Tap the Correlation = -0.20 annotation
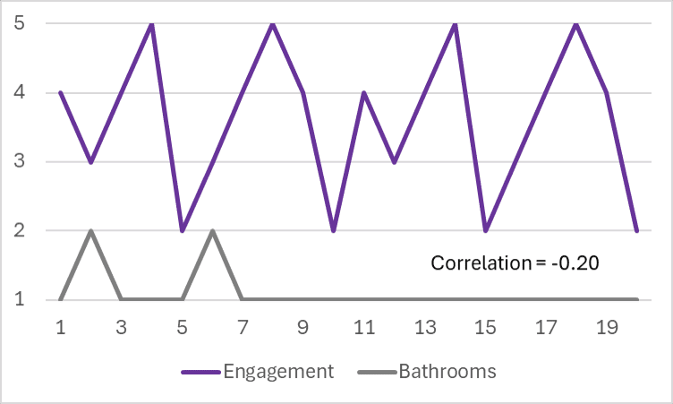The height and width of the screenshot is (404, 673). click(x=515, y=262)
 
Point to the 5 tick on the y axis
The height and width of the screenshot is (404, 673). click(x=18, y=23)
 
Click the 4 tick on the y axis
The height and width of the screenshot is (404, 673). click(x=18, y=92)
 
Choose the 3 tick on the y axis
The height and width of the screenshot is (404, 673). click(x=18, y=162)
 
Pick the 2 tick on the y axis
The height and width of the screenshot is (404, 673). click(x=18, y=231)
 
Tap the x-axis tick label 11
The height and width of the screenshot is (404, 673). click(x=364, y=328)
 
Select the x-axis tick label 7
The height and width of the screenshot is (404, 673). click(x=243, y=328)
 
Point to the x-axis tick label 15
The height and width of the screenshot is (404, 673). click(x=486, y=328)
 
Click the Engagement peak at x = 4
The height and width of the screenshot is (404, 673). click(x=152, y=23)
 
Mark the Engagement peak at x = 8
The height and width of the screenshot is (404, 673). click(x=273, y=23)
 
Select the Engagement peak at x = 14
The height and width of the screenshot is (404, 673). click(x=456, y=23)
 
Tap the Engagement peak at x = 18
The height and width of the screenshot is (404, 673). click(x=576, y=23)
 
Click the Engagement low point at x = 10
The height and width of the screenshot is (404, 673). click(x=334, y=230)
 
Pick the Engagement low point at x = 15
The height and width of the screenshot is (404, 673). click(x=486, y=230)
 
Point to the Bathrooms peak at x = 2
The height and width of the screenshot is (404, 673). click(x=91, y=230)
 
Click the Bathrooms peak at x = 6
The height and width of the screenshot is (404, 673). click(x=212, y=230)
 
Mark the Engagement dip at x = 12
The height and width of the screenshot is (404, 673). click(x=395, y=161)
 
